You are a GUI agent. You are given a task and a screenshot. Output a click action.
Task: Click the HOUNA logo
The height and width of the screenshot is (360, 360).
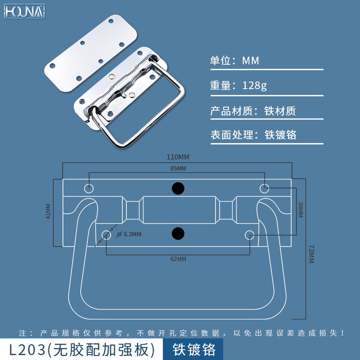24,12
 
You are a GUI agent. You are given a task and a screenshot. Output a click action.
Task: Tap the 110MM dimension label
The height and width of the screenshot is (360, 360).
178,157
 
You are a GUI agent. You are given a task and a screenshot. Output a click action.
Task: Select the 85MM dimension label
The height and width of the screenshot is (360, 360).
178,168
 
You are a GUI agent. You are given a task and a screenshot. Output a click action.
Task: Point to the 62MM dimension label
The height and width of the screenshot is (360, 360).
178,259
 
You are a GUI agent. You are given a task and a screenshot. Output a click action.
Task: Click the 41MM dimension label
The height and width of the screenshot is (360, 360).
48,212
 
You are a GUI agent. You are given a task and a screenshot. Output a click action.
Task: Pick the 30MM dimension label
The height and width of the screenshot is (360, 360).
300,210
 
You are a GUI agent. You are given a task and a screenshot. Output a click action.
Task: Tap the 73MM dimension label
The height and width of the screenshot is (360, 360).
311,254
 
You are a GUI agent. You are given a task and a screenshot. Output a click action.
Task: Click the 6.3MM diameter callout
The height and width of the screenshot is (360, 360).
129,234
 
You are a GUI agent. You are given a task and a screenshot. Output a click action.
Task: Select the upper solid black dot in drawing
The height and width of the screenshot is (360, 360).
178,189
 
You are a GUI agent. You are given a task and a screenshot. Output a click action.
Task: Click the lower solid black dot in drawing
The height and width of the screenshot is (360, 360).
178,234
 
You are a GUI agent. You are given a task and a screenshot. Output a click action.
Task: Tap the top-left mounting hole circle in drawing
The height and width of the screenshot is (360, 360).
89,189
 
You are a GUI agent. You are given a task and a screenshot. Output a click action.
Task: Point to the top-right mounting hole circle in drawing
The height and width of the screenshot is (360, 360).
264,189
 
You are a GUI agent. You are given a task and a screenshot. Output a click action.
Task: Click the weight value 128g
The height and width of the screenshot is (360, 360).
254,85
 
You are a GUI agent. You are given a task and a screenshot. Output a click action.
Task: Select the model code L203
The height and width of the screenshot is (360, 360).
27,349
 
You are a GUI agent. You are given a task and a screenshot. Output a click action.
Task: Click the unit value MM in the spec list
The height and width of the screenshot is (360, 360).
251,61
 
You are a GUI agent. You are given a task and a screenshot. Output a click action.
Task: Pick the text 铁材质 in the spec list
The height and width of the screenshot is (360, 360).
280,111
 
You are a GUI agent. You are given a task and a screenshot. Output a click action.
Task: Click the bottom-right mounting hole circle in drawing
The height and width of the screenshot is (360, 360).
250,235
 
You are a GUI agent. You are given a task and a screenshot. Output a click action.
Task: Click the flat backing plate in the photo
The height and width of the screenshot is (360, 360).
91,53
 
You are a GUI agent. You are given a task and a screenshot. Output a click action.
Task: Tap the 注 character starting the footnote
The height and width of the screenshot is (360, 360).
23,333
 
